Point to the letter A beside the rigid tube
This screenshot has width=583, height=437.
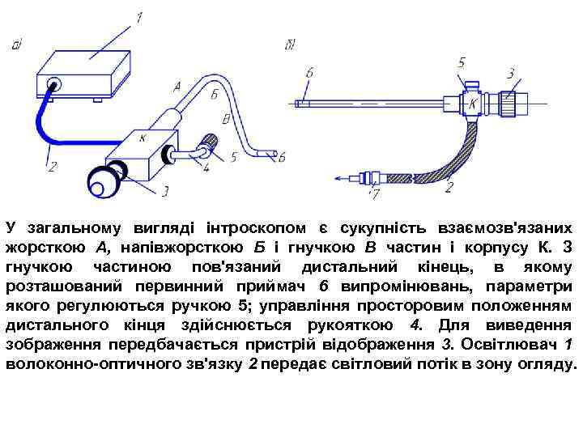tap(177, 85)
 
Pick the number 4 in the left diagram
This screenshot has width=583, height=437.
tap(206, 168)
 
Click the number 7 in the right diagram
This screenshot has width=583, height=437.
tap(373, 194)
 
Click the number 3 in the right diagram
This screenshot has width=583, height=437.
tap(510, 74)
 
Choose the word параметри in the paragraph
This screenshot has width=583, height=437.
tap(531, 287)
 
